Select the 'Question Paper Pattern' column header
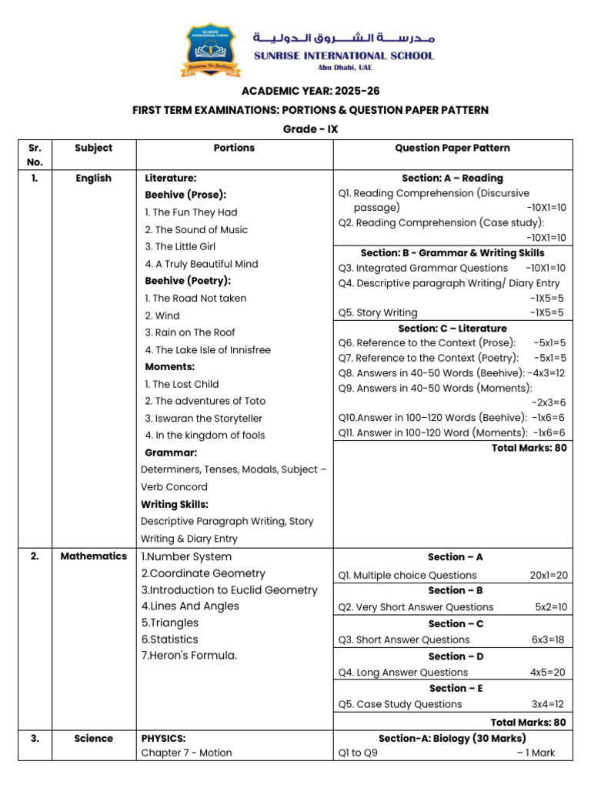click(452, 148)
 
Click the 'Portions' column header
click(234, 148)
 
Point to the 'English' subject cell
click(93, 178)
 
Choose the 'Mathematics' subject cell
click(93, 556)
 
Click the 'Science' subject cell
click(93, 738)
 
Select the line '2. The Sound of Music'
click(196, 229)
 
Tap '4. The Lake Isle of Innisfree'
click(208, 349)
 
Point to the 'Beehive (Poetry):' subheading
click(188, 281)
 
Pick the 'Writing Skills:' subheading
click(175, 504)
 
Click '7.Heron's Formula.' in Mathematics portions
click(189, 656)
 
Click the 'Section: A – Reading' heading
click(452, 178)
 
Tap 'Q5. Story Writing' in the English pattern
click(378, 312)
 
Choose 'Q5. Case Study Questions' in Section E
click(400, 704)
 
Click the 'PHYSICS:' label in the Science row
click(163, 738)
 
